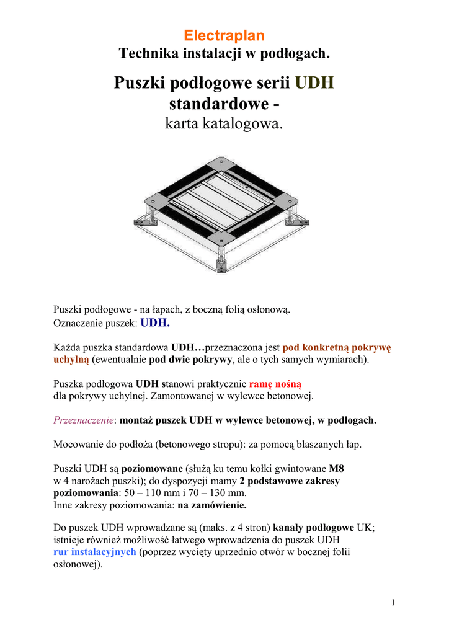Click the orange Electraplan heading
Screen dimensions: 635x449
point(224,36)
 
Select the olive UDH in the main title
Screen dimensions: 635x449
point(314,83)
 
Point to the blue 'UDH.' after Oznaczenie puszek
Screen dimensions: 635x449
point(155,322)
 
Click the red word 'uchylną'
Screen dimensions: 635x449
point(71,359)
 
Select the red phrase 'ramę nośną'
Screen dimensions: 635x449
point(275,383)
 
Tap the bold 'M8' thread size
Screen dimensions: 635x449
point(336,468)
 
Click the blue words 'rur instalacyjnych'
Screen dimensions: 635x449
point(95,552)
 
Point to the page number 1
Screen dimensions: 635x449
point(393,603)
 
